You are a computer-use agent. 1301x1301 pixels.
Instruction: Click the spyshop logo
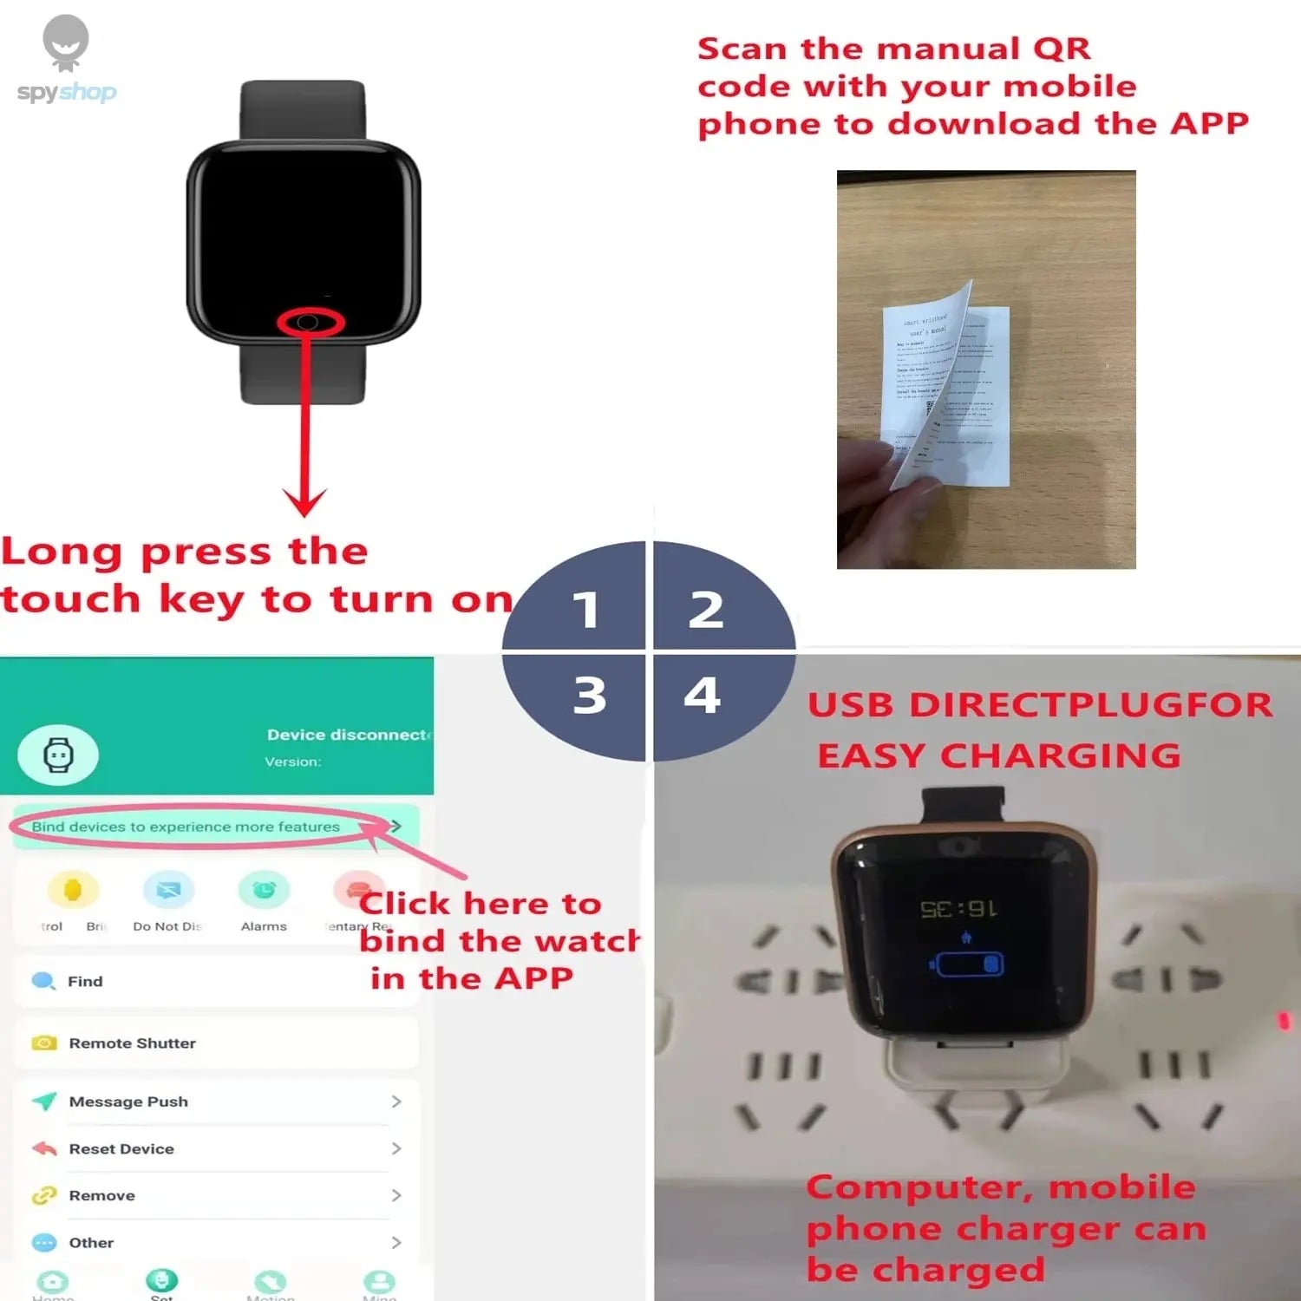[x=66, y=61]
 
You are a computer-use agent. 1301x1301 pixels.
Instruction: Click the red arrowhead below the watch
[x=304, y=501]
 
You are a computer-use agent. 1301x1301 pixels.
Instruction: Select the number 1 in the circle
[x=586, y=610]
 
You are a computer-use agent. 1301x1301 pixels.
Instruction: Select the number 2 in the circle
[x=706, y=610]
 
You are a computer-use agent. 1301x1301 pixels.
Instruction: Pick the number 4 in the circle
[x=703, y=695]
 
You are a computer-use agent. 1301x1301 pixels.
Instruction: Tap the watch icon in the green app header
[x=58, y=755]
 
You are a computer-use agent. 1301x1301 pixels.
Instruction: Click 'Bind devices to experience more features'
[x=186, y=827]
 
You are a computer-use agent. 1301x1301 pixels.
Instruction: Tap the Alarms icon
[x=264, y=891]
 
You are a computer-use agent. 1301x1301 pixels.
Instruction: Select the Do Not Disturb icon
[x=168, y=891]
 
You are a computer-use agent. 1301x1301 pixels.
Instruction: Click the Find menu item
[x=85, y=981]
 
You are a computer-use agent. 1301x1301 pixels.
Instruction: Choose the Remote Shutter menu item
[x=132, y=1043]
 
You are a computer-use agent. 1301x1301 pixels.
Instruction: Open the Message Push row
[x=128, y=1102]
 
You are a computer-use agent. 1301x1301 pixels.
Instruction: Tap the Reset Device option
[x=121, y=1148]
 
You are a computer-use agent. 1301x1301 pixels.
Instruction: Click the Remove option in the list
[x=101, y=1195]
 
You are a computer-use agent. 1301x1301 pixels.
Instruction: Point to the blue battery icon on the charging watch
[x=968, y=964]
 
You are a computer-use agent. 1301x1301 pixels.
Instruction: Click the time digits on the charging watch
[x=958, y=909]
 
